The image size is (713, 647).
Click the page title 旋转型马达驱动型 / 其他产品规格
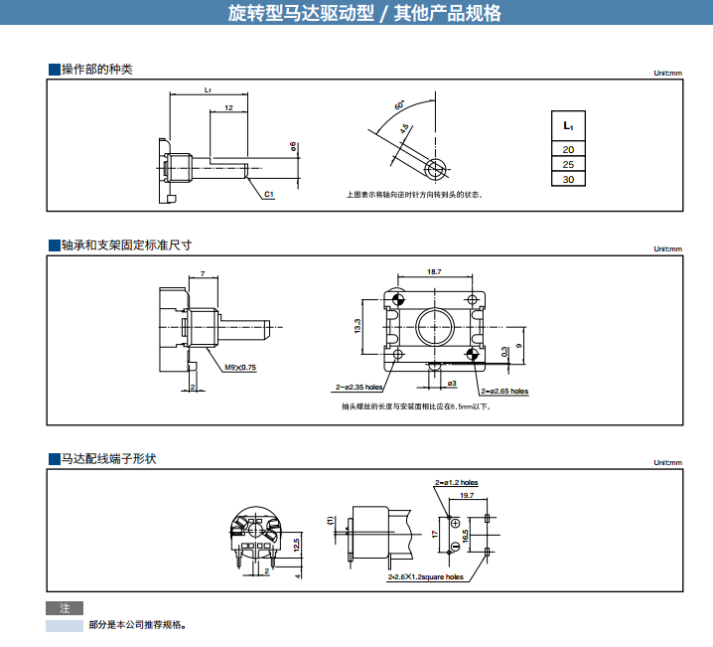(x=364, y=14)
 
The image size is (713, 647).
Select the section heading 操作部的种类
(x=96, y=70)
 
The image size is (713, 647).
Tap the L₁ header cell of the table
(x=568, y=126)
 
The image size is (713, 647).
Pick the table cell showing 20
(x=568, y=149)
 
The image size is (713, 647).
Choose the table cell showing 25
(x=568, y=164)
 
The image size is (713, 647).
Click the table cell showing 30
(x=568, y=180)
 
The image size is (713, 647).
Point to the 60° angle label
(x=399, y=106)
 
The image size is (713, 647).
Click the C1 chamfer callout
(x=269, y=194)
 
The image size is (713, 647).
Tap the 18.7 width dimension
(x=434, y=271)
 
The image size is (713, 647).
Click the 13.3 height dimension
(x=357, y=325)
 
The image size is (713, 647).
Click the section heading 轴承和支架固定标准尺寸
(x=126, y=244)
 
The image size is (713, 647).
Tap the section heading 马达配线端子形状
(x=108, y=459)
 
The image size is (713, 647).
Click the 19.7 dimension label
(x=467, y=495)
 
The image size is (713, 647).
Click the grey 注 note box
(x=65, y=607)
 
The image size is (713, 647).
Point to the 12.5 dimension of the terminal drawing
(x=296, y=542)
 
